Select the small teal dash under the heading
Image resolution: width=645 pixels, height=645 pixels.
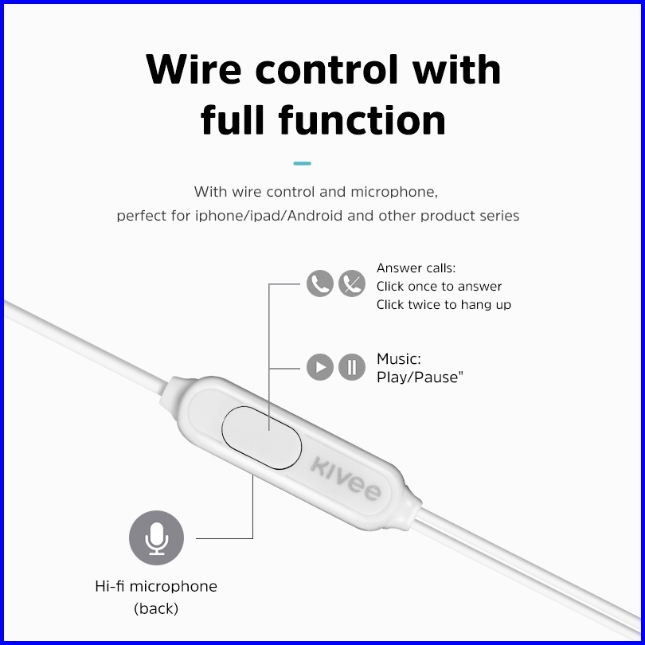click(x=302, y=163)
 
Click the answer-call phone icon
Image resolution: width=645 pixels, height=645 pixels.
click(x=320, y=283)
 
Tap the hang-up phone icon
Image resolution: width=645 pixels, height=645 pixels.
click(x=351, y=283)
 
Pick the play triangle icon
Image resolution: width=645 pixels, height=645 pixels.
click(x=320, y=367)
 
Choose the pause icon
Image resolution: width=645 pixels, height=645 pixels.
click(x=351, y=367)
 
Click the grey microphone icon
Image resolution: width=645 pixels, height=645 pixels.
click(x=156, y=538)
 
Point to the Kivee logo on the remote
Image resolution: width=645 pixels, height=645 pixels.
click(x=344, y=478)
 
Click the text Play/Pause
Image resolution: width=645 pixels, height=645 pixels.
click(x=420, y=377)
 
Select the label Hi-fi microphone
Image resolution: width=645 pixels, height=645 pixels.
click(x=156, y=587)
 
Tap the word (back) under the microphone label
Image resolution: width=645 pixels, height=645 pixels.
click(x=156, y=609)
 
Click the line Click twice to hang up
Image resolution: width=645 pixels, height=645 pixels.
click(x=444, y=304)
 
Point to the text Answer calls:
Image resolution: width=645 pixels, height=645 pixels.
click(x=416, y=268)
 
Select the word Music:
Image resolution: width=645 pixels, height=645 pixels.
click(x=398, y=360)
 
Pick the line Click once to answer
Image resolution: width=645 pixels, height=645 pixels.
click(x=439, y=287)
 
